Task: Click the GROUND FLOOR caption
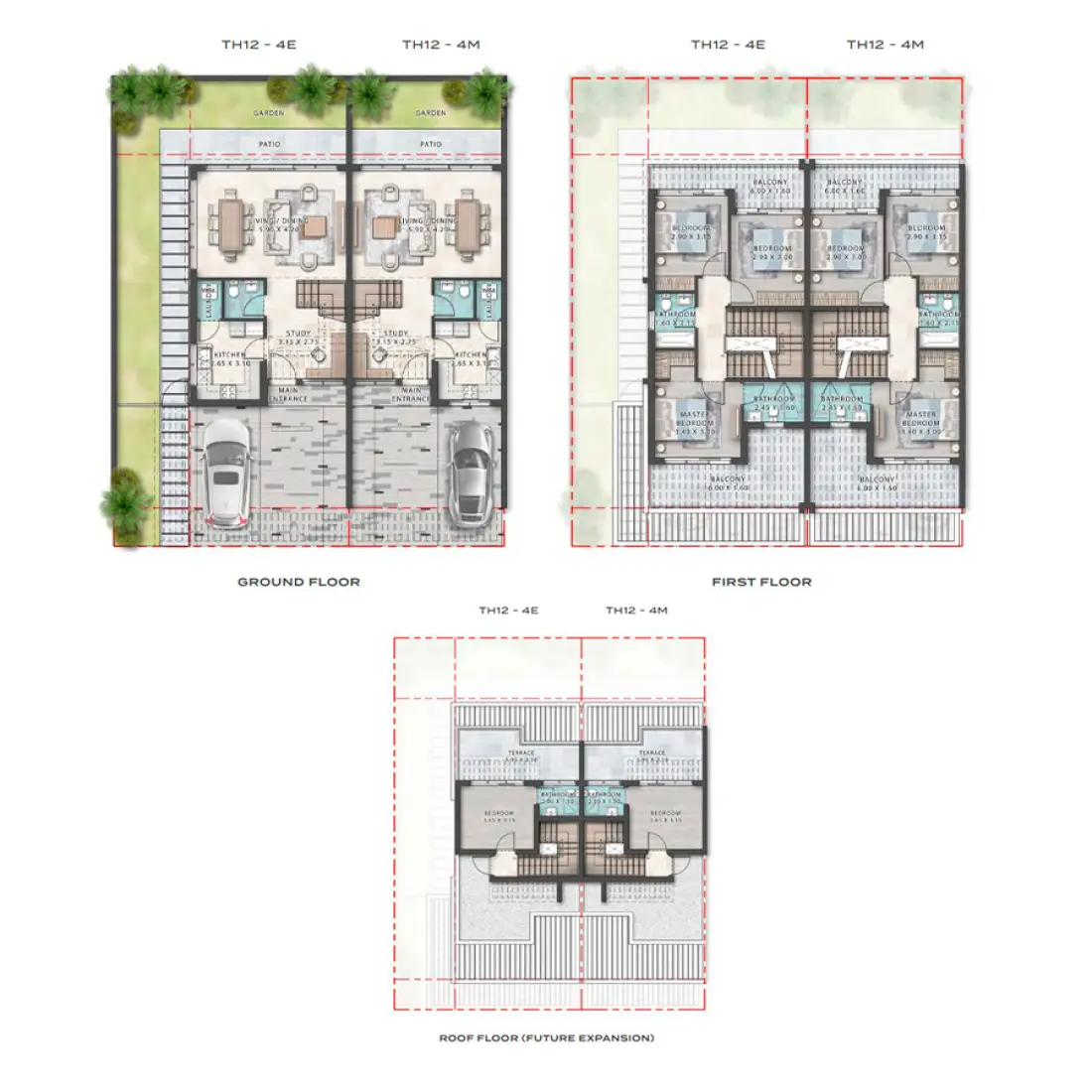(x=298, y=582)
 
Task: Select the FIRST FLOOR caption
(x=761, y=582)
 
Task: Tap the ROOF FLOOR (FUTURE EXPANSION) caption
(x=546, y=1038)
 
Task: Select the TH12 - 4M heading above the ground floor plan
(x=441, y=45)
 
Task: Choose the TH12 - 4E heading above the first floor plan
(x=728, y=45)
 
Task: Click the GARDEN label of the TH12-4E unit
(x=268, y=113)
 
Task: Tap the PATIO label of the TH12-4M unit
(x=431, y=144)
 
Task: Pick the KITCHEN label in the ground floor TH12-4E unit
(x=229, y=354)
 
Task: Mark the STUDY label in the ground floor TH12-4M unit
(x=396, y=334)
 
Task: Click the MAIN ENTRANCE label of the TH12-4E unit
(x=288, y=394)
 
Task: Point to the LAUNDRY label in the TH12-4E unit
(x=209, y=302)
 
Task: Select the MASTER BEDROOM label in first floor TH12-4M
(x=920, y=419)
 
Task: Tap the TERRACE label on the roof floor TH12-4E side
(x=521, y=753)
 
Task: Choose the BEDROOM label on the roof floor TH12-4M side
(x=665, y=813)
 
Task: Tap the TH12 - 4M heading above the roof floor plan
(x=636, y=611)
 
